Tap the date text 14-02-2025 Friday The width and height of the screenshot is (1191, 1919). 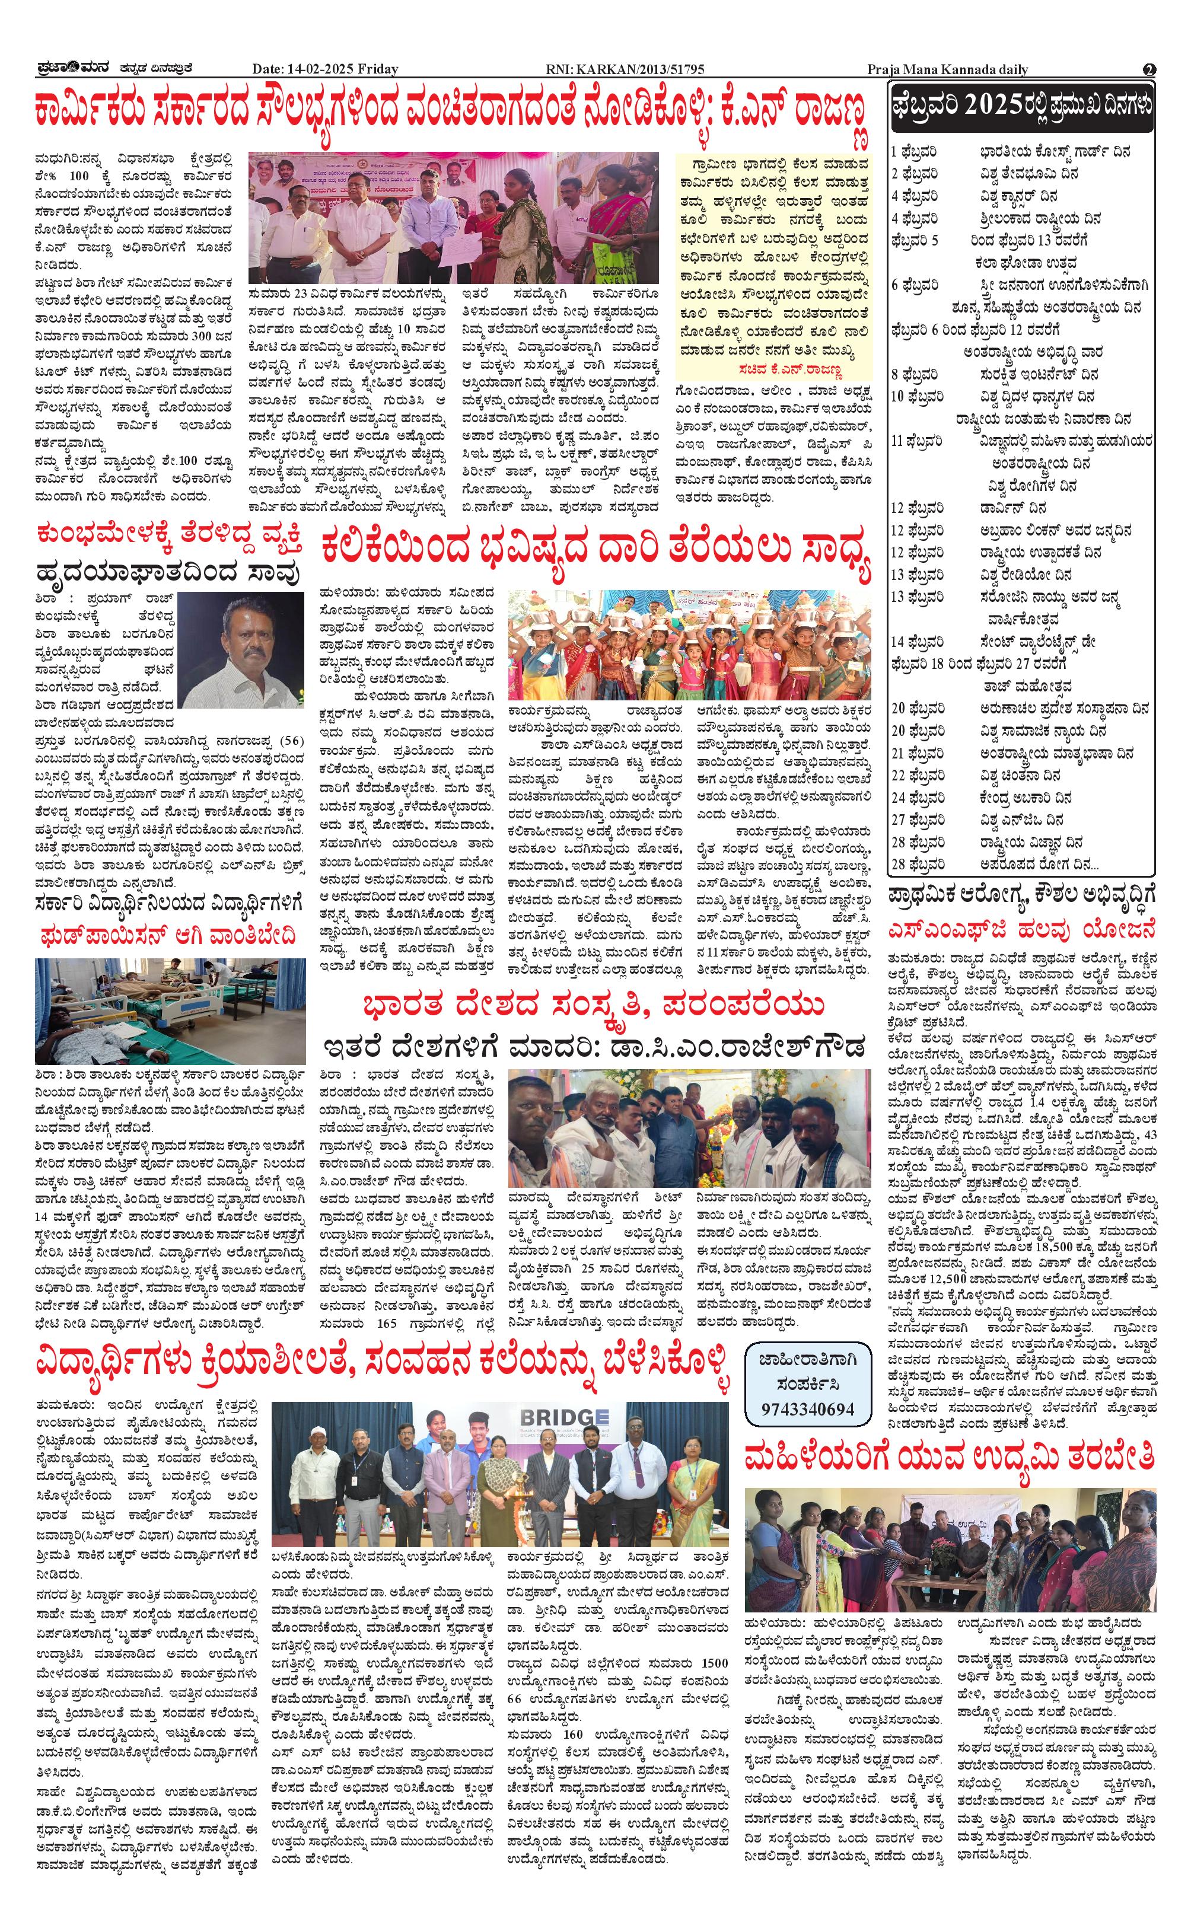[x=325, y=69]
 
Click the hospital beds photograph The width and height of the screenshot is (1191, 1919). [x=170, y=1011]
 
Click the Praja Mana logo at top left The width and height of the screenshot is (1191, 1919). [x=69, y=69]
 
